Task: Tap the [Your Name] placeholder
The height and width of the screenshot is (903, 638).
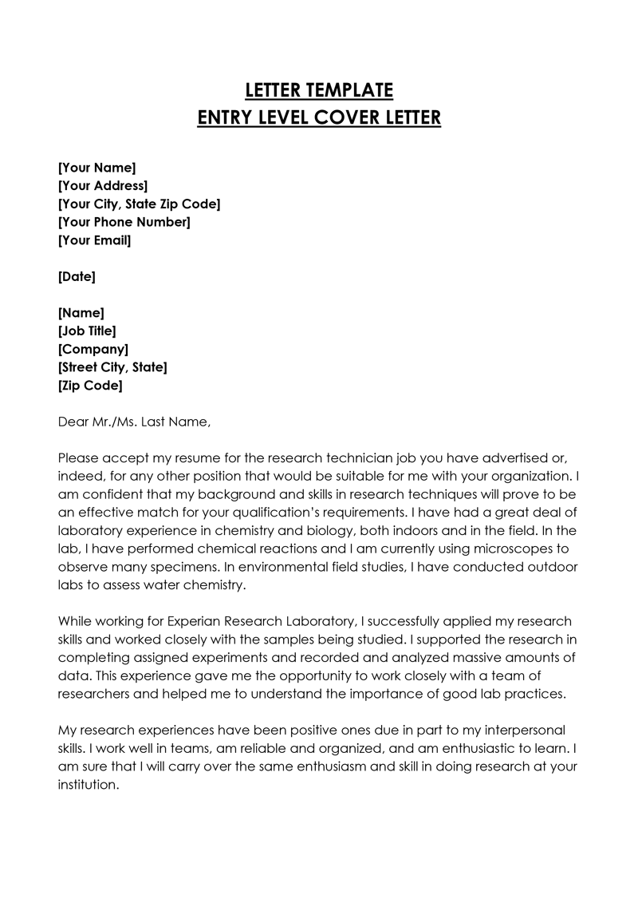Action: click(x=97, y=168)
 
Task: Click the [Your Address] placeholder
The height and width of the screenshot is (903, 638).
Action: click(x=103, y=186)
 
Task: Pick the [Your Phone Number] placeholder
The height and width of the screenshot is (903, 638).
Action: click(x=124, y=222)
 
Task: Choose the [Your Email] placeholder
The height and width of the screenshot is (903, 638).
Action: click(x=95, y=240)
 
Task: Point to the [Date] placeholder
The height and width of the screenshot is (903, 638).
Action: click(x=77, y=277)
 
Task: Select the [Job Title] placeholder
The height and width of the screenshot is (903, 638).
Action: click(x=88, y=331)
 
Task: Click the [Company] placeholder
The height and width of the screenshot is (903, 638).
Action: click(x=93, y=349)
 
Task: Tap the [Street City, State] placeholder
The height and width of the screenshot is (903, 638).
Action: click(x=112, y=367)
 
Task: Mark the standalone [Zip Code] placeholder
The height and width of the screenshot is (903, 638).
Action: click(x=90, y=386)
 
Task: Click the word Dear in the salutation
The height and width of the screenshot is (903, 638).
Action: click(x=74, y=422)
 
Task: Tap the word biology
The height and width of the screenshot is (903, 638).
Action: click(x=354, y=531)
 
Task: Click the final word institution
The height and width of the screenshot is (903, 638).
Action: click(x=89, y=785)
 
